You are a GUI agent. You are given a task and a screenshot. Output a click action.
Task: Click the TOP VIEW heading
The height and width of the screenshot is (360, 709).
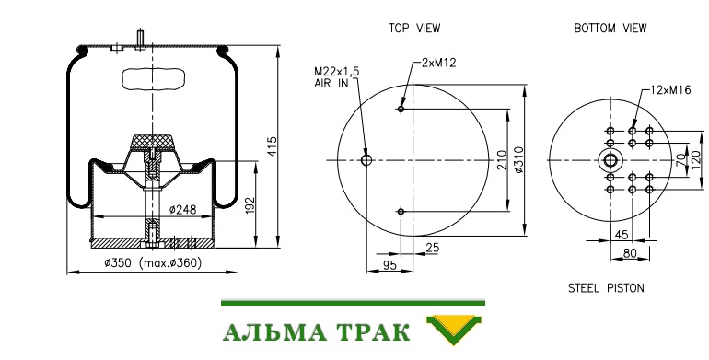click(x=414, y=28)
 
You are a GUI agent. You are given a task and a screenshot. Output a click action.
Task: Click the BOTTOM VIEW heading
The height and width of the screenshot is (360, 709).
click(x=610, y=28)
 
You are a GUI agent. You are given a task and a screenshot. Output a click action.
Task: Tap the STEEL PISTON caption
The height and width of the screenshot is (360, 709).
click(x=606, y=288)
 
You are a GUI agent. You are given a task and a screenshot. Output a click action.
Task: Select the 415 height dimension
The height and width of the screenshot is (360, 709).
click(x=273, y=146)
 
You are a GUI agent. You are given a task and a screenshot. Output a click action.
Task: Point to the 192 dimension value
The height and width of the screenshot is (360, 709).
click(x=250, y=205)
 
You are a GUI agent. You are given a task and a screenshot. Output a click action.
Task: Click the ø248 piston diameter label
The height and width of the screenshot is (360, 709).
click(x=182, y=209)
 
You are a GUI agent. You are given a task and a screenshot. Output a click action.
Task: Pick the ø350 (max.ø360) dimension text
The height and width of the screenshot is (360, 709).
click(x=153, y=262)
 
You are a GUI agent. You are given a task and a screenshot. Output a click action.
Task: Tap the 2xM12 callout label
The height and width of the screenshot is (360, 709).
click(x=438, y=63)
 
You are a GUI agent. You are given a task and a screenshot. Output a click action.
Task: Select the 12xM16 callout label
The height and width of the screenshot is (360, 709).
click(x=670, y=90)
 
